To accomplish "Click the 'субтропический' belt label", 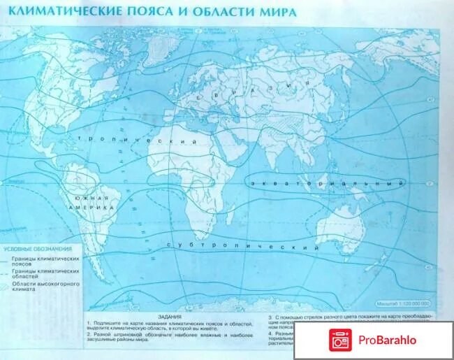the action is (x=242, y=245).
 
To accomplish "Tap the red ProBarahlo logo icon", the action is (x=341, y=340).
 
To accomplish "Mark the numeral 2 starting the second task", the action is (x=89, y=334).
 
